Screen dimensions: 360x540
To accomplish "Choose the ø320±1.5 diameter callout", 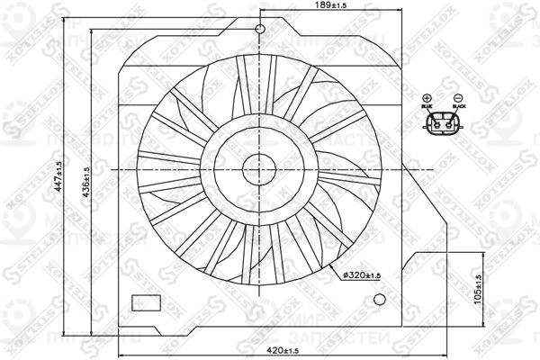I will point(365,275).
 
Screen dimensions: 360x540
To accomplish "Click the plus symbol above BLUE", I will point(427,97).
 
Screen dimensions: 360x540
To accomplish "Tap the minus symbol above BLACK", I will point(457,97).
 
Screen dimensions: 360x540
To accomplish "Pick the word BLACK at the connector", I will point(458,106).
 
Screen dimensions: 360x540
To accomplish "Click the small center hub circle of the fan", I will point(260,168).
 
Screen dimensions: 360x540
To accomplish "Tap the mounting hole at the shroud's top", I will point(260,30).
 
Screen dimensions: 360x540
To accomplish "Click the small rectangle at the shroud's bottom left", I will point(144,302).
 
